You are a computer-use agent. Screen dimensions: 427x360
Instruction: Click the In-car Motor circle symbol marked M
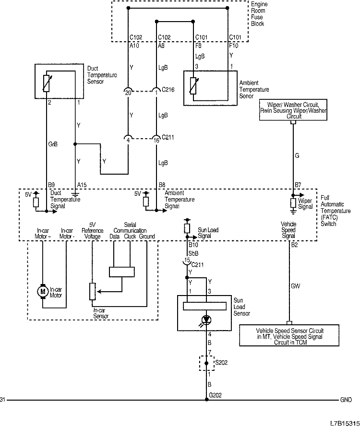point(43,291)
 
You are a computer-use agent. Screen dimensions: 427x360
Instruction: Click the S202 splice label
point(222,362)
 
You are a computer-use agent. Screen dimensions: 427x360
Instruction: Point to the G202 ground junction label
point(215,395)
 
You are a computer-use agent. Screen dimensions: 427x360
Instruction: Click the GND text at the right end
point(346,400)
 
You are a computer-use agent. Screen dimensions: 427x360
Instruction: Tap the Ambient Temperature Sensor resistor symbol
point(193,86)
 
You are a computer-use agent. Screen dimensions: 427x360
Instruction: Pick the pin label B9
point(51,184)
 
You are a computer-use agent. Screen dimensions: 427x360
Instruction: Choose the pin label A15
point(82,184)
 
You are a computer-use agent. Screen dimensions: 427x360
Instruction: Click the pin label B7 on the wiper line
point(298,184)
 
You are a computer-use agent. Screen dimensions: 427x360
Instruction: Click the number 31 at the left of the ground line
point(3,400)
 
